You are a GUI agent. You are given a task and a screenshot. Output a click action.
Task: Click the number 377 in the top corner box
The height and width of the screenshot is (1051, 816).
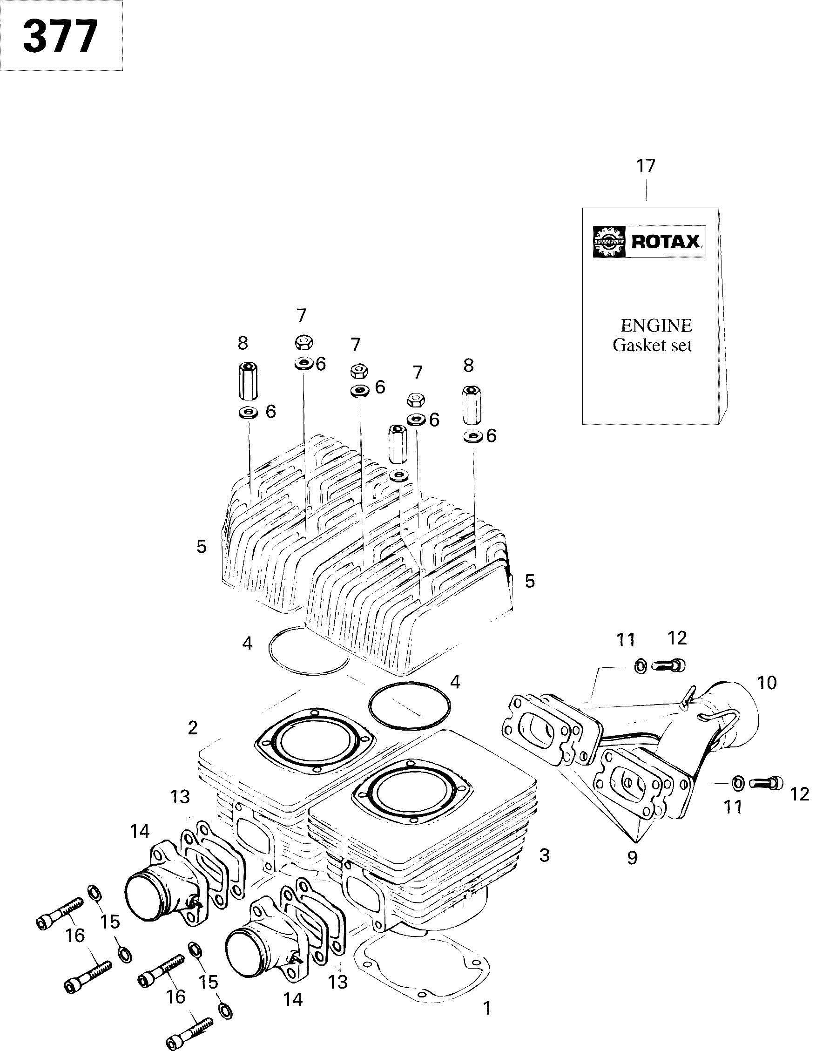pyautogui.click(x=60, y=37)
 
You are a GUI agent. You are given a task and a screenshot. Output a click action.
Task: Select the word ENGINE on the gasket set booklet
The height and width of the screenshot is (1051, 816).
pyautogui.click(x=656, y=326)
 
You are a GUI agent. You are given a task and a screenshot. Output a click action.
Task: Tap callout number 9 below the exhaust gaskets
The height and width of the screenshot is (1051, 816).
pyautogui.click(x=632, y=858)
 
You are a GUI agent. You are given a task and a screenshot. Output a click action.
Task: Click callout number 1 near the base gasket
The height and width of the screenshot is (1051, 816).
pyautogui.click(x=487, y=1008)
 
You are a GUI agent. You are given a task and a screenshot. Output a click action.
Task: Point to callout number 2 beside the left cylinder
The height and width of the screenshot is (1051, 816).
pyautogui.click(x=192, y=728)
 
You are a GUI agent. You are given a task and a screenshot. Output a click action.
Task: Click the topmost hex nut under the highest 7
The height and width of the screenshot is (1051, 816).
pyautogui.click(x=303, y=343)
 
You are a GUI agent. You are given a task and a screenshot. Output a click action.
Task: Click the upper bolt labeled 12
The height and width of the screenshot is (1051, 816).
pyautogui.click(x=669, y=665)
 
